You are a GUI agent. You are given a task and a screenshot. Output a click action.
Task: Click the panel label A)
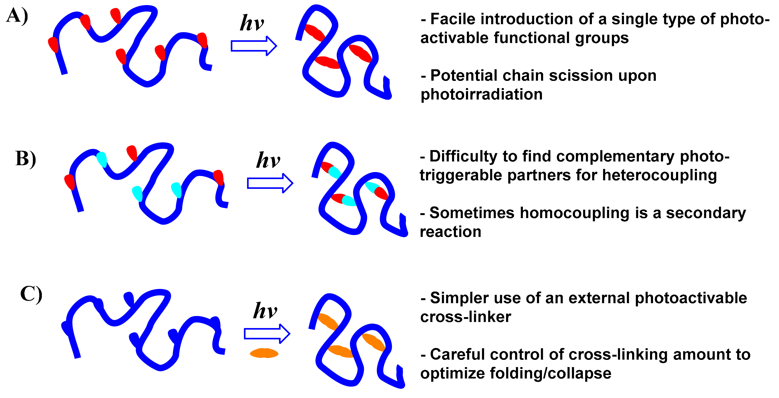pos(17,16)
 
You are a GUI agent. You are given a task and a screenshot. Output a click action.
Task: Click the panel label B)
pos(26,159)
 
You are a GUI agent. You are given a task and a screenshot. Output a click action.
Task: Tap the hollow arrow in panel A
pos(253,46)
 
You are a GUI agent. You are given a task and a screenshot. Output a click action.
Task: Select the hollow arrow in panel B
pos(270,183)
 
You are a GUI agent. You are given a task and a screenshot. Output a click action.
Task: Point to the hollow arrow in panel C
pos(267,334)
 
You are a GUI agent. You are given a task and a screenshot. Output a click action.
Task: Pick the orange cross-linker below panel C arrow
pos(264,353)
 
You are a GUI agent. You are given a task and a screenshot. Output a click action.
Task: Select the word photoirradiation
pos(482,94)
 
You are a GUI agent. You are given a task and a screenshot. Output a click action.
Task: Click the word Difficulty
pos(463,156)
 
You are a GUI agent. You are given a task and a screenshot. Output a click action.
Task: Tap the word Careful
pos(457,355)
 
